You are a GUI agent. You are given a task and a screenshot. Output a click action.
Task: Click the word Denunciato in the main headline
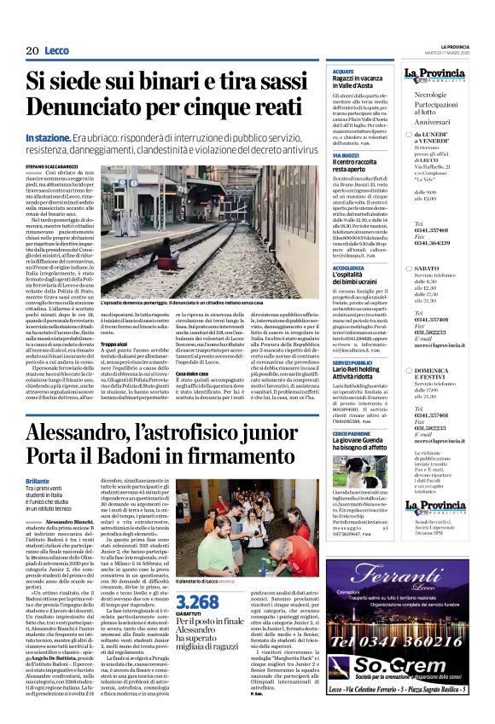click(x=85, y=107)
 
